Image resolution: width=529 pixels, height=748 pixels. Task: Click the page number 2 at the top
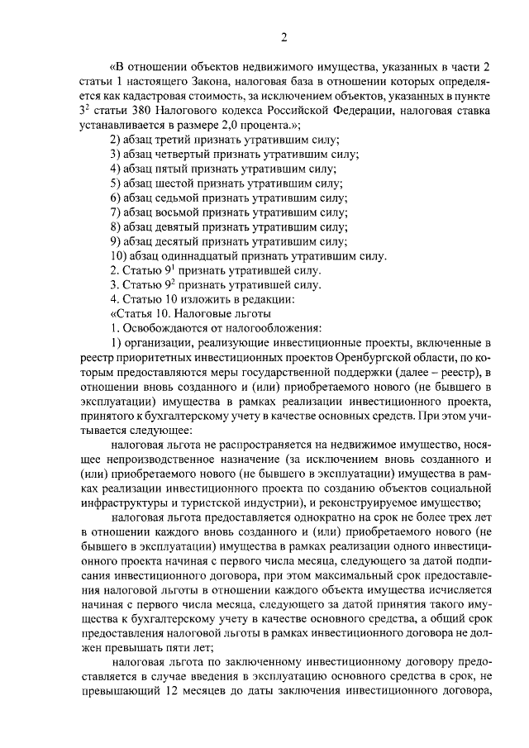pos(283,36)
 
